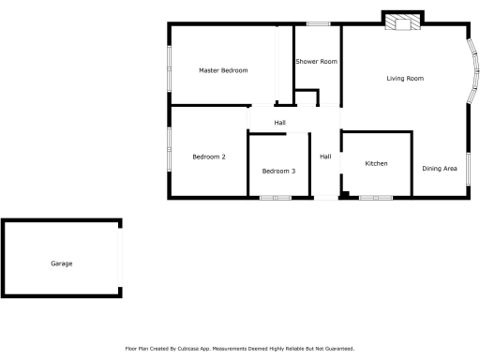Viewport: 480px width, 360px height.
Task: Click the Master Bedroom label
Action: [x=223, y=70]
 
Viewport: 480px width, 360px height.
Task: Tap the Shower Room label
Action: [x=316, y=62]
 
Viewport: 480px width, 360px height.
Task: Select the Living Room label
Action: [x=405, y=79]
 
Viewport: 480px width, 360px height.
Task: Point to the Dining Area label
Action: [x=440, y=168]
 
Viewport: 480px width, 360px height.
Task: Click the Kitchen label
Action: [x=376, y=164]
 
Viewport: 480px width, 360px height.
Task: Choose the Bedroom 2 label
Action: [x=209, y=157]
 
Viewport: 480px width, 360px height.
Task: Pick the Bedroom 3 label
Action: [x=278, y=171]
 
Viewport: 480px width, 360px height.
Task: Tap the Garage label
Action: [x=61, y=263]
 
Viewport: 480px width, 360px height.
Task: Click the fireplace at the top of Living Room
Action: [x=404, y=23]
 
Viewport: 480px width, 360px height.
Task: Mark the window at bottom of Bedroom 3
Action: [x=276, y=197]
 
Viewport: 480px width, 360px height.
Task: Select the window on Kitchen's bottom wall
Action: [x=376, y=197]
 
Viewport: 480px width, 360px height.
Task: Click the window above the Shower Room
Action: [x=319, y=23]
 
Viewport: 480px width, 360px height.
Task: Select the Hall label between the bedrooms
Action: [x=279, y=123]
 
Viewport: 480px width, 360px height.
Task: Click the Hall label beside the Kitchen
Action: [x=325, y=157]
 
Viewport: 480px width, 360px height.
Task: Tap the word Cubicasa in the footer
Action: [x=194, y=348]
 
